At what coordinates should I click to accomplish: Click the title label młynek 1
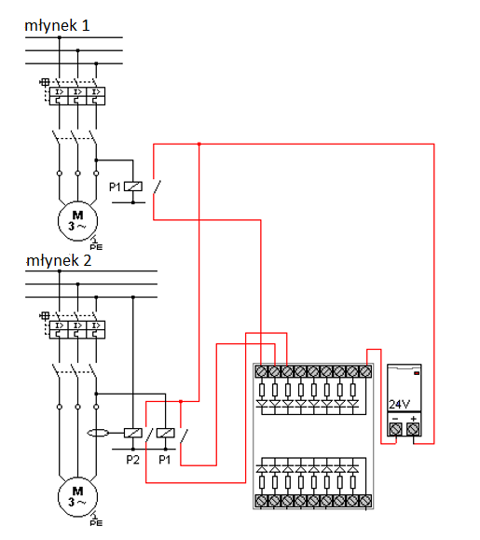[x=58, y=26]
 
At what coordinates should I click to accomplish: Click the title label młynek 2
[x=59, y=261]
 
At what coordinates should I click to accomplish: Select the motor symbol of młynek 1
[x=77, y=221]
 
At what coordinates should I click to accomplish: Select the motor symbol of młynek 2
[x=77, y=496]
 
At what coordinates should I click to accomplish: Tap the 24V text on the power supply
[x=399, y=404]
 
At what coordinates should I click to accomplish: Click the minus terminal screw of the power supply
[x=395, y=429]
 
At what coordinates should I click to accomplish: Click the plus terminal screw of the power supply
[x=413, y=429]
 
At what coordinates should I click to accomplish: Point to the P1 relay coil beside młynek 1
[x=133, y=187]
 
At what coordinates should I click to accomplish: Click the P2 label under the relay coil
[x=133, y=460]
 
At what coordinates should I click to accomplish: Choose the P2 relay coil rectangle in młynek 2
[x=133, y=433]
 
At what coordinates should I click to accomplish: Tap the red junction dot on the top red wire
[x=199, y=144]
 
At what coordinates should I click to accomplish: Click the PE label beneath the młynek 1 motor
[x=96, y=247]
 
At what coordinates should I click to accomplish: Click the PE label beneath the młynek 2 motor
[x=96, y=523]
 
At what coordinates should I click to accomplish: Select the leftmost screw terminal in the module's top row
[x=261, y=371]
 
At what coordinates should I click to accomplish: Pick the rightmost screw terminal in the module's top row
[x=365, y=371]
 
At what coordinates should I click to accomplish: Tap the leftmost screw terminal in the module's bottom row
[x=261, y=501]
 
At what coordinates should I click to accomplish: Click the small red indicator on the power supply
[x=417, y=373]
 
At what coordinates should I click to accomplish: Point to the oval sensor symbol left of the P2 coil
[x=99, y=433]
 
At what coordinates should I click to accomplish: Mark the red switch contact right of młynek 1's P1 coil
[x=157, y=187]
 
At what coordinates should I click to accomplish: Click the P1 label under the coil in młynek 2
[x=165, y=460]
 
